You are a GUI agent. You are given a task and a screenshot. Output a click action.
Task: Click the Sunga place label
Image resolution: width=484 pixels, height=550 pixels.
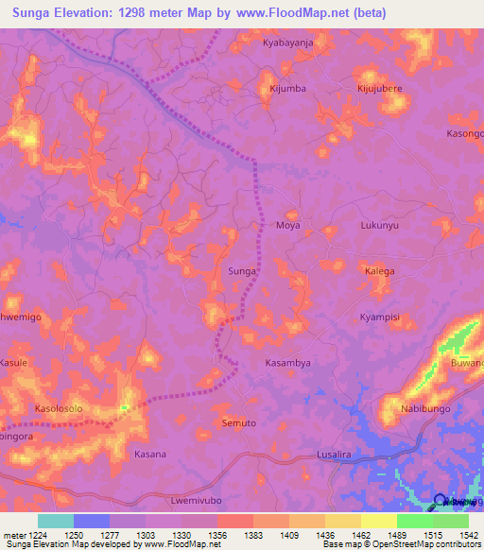click(242, 271)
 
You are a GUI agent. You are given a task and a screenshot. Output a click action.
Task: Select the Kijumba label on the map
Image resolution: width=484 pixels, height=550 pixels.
click(287, 89)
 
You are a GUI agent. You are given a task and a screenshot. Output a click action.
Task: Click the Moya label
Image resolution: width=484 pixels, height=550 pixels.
click(287, 226)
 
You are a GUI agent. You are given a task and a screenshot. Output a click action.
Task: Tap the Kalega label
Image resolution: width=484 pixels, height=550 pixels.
click(379, 271)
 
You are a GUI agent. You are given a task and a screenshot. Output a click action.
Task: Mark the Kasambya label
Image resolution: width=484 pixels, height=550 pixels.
click(287, 363)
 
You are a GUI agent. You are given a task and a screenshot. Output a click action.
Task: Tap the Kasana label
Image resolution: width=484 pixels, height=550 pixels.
click(149, 455)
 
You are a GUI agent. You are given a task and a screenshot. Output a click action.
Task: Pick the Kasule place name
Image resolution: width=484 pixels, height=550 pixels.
click(15, 363)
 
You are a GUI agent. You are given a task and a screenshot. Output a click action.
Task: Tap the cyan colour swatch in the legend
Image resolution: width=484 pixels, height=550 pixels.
click(55, 521)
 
